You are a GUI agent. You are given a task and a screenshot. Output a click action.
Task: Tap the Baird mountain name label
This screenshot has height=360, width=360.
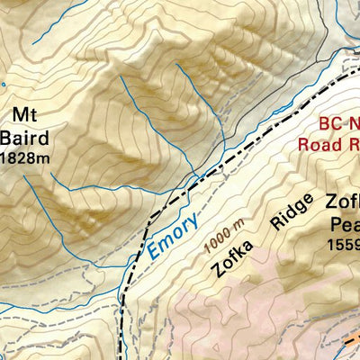tap(22, 137)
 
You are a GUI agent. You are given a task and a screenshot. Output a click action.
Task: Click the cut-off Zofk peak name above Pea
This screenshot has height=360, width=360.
tap(343, 202)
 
